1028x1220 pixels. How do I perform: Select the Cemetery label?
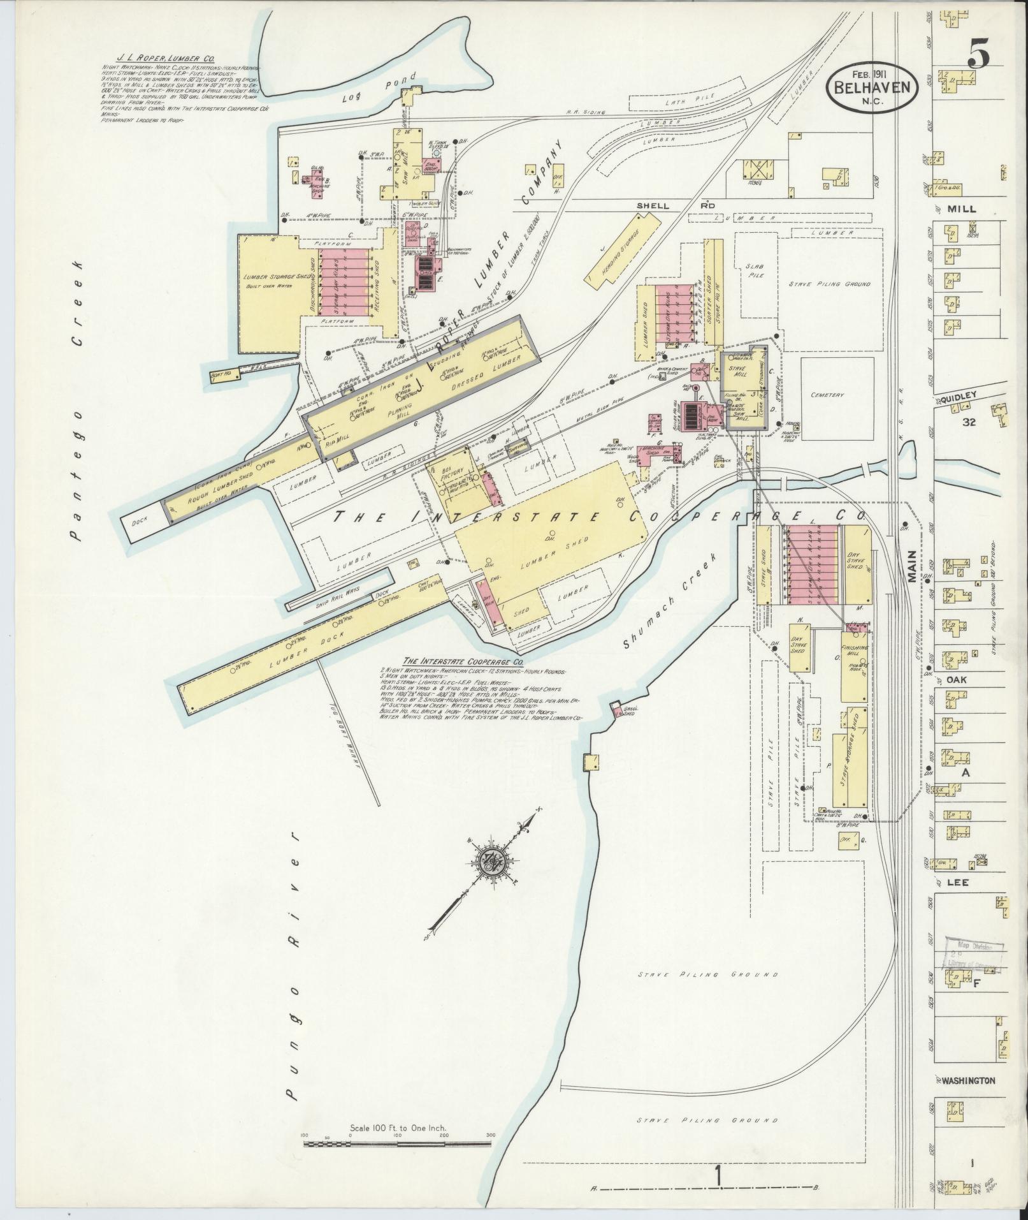(828, 395)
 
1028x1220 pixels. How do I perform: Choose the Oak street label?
(956, 680)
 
